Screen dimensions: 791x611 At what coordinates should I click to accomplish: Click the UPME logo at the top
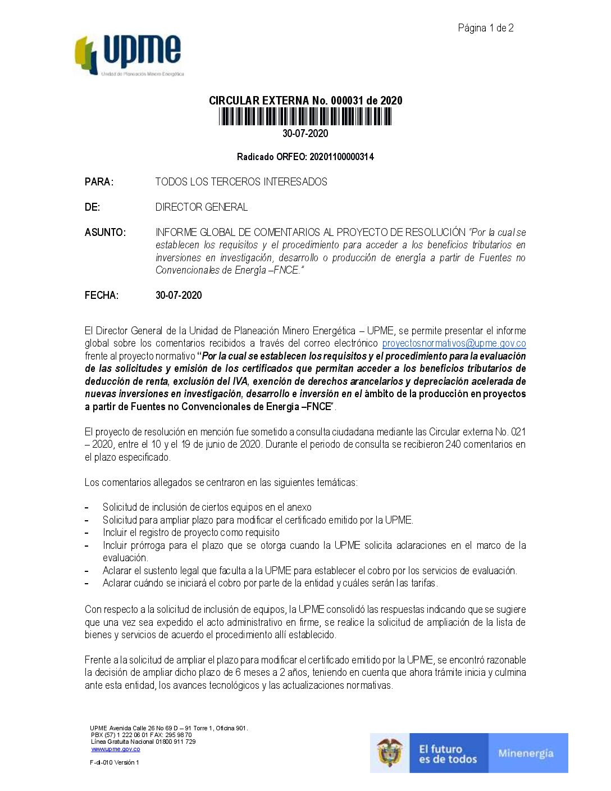[x=129, y=55]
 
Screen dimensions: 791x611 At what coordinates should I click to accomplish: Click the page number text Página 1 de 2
[x=485, y=28]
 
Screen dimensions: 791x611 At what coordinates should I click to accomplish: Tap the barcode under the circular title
[x=305, y=116]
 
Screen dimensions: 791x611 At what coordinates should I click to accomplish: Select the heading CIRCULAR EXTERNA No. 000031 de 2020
[x=305, y=101]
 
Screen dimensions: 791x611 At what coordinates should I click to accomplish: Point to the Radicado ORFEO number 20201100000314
[x=341, y=157]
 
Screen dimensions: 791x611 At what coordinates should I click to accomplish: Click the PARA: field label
[x=99, y=181]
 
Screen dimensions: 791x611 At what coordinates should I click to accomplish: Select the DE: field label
[x=92, y=207]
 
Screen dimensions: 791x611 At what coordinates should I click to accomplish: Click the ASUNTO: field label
[x=105, y=233]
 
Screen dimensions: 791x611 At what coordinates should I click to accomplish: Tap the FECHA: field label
[x=102, y=296]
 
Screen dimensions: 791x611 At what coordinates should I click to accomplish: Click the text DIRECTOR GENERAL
[x=201, y=207]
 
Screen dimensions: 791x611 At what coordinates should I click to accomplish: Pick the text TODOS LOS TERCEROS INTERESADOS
[x=241, y=181]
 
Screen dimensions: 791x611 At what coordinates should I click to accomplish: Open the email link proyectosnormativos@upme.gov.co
[x=454, y=343]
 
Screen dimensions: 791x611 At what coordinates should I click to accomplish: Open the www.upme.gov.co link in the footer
[x=116, y=749]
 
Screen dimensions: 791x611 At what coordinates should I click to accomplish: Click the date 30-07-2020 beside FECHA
[x=179, y=296]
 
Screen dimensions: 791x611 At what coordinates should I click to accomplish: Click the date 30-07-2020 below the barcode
[x=305, y=134]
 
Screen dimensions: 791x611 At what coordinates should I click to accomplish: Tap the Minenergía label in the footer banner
[x=526, y=753]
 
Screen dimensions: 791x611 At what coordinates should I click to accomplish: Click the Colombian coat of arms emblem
[x=390, y=753]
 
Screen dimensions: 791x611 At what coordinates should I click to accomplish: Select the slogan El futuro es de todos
[x=448, y=754]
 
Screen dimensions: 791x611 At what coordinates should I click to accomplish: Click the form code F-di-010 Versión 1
[x=115, y=762]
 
